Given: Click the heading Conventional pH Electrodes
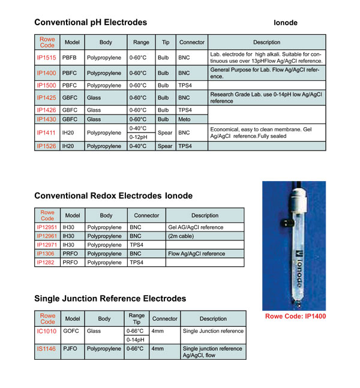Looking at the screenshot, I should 91,23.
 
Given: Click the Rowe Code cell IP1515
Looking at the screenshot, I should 47,58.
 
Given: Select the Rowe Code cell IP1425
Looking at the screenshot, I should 47,97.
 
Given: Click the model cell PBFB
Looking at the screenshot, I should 70,58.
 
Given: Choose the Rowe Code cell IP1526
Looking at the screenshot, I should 47,146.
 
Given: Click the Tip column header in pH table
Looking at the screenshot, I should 165,43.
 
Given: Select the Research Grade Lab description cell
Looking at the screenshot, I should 266,97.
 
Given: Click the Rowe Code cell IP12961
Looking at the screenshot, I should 47,236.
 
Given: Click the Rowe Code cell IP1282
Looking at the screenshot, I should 47,263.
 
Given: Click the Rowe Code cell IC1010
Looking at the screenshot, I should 47,331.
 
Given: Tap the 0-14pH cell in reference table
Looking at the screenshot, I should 135,340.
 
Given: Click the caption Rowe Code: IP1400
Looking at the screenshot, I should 295,316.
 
